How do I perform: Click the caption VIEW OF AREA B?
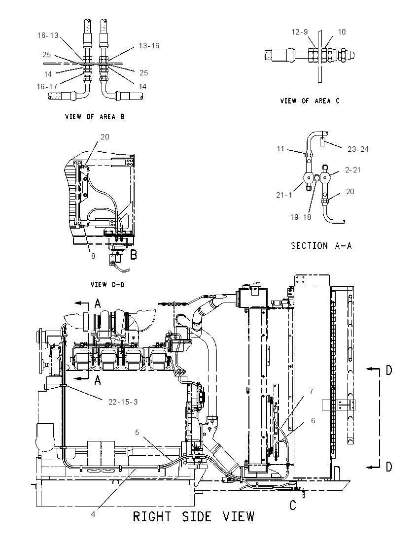click(x=95, y=117)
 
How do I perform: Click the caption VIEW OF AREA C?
click(x=310, y=101)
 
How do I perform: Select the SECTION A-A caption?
click(x=321, y=245)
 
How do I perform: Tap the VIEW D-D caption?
click(x=107, y=285)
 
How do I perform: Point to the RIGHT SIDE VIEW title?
click(x=194, y=516)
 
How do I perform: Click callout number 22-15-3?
click(x=123, y=402)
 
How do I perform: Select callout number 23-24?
click(x=358, y=149)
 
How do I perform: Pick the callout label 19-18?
click(x=301, y=217)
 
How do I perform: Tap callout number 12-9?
click(x=300, y=32)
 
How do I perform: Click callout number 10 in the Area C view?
click(x=342, y=32)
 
